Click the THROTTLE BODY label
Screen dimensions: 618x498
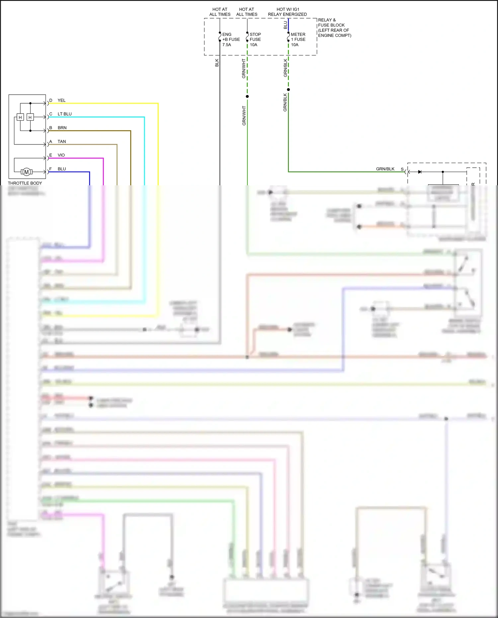point(25,183)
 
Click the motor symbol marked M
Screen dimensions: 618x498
point(27,172)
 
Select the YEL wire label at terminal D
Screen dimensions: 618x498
point(61,100)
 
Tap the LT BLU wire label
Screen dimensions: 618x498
point(64,114)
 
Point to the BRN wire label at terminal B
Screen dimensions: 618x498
point(62,128)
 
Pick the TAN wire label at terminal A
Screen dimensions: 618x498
point(62,141)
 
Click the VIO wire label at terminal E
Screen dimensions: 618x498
point(61,155)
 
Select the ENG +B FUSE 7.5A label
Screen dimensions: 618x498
point(231,40)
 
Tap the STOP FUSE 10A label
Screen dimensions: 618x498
point(255,40)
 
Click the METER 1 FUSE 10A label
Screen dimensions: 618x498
point(298,40)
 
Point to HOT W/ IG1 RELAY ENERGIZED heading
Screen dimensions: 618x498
point(288,12)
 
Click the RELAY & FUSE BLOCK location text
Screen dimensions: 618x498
point(334,28)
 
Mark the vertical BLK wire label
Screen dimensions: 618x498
point(217,63)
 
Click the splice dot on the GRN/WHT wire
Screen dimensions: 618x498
point(247,97)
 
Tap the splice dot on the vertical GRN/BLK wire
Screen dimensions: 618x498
point(288,90)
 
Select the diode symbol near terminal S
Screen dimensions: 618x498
point(420,172)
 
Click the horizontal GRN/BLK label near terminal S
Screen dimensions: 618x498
point(385,169)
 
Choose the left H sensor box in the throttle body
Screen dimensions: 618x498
point(20,117)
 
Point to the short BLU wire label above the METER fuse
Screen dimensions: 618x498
point(285,25)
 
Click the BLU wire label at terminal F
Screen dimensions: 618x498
point(62,169)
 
